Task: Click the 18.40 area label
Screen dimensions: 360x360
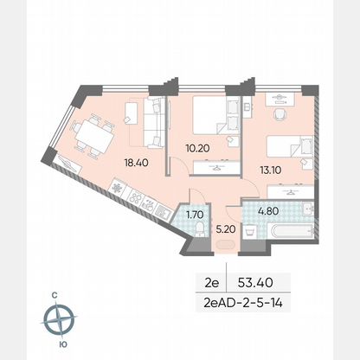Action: pyautogui.click(x=136, y=163)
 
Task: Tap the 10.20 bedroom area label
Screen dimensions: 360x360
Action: pyautogui.click(x=197, y=148)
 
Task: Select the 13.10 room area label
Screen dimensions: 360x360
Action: pyautogui.click(x=271, y=170)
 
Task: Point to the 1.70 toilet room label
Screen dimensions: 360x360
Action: pyautogui.click(x=195, y=215)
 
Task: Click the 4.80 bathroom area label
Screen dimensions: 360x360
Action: pyautogui.click(x=268, y=211)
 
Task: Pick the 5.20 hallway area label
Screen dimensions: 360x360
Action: pyautogui.click(x=226, y=229)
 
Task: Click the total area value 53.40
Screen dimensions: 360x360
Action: pyautogui.click(x=255, y=282)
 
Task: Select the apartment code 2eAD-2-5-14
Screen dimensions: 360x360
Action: pyautogui.click(x=243, y=303)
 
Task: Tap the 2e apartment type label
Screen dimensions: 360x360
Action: pyautogui.click(x=211, y=283)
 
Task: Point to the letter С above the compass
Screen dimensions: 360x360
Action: pyautogui.click(x=54, y=295)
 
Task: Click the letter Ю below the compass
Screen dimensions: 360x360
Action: pyautogui.click(x=63, y=344)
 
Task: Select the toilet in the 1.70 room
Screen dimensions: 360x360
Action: pyautogui.click(x=200, y=229)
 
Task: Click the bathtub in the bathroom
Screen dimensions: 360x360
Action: pyautogui.click(x=292, y=231)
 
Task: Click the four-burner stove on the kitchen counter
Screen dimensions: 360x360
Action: pyautogui.click(x=135, y=196)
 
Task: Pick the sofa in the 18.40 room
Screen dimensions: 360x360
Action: pyautogui.click(x=154, y=123)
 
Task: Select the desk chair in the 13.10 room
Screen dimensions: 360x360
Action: pyautogui.click(x=280, y=113)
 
